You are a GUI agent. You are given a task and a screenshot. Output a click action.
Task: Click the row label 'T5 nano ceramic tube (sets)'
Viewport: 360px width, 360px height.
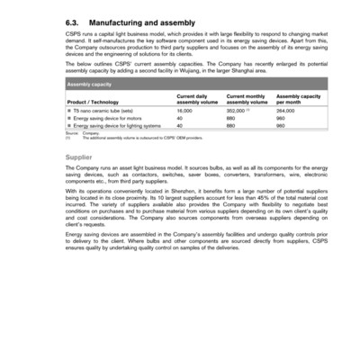point(103,111)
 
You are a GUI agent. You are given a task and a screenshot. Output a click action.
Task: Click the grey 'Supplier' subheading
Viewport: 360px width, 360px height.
point(80,157)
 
